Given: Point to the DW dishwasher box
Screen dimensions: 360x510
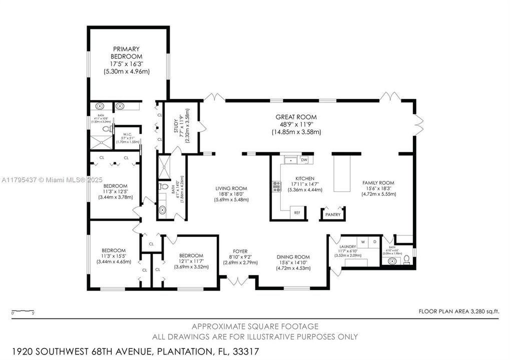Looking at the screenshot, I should (304, 160).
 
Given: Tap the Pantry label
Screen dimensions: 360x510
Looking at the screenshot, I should (333, 215).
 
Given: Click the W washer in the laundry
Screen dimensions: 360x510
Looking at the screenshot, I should (364, 241).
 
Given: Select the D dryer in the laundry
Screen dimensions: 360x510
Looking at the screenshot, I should (375, 241).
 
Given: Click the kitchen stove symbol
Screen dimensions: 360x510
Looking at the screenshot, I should (276, 186).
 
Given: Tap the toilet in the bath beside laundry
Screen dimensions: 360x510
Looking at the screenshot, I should (407, 259).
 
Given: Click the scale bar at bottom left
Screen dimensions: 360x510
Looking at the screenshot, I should (23, 311).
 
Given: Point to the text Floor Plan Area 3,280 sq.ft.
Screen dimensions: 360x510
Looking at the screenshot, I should (458, 311).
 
